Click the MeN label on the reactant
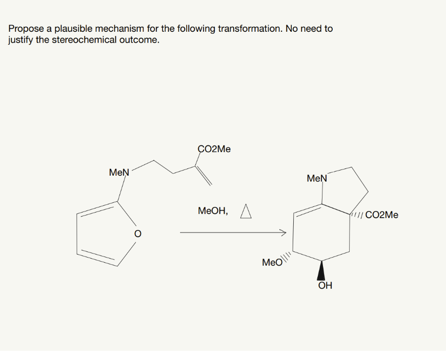(119, 173)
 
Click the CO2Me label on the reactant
(214, 149)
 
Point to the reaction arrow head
(282, 233)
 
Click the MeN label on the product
(316, 178)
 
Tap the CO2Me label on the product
(382, 215)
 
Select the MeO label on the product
(272, 263)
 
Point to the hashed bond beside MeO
(288, 256)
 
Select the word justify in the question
(21, 40)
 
